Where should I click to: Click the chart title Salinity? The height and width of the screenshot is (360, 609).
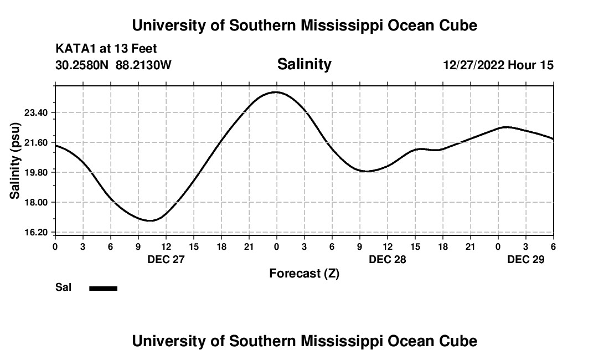pyautogui.click(x=304, y=64)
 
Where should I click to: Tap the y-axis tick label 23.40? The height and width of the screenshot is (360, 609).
pyautogui.click(x=39, y=112)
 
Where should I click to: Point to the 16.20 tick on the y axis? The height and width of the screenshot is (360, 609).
pyautogui.click(x=39, y=232)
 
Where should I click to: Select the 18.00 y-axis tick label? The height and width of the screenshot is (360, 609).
pyautogui.click(x=39, y=202)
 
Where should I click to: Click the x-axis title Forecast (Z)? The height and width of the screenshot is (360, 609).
pyautogui.click(x=304, y=274)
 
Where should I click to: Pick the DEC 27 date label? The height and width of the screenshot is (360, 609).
pyautogui.click(x=166, y=259)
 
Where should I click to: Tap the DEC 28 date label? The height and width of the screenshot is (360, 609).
pyautogui.click(x=388, y=259)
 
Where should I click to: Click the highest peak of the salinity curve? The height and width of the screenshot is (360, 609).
pyautogui.click(x=276, y=92)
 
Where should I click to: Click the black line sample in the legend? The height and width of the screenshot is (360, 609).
pyautogui.click(x=104, y=288)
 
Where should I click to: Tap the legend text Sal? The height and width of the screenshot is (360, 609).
pyautogui.click(x=63, y=287)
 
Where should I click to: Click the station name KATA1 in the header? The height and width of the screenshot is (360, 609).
pyautogui.click(x=76, y=49)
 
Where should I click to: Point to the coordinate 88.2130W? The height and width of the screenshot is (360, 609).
pyautogui.click(x=143, y=65)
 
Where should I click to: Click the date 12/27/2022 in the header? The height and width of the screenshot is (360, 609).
pyautogui.click(x=473, y=65)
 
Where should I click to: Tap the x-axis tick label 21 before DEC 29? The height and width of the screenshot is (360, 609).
pyautogui.click(x=471, y=246)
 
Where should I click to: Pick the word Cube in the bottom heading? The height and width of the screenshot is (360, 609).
pyautogui.click(x=460, y=341)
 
